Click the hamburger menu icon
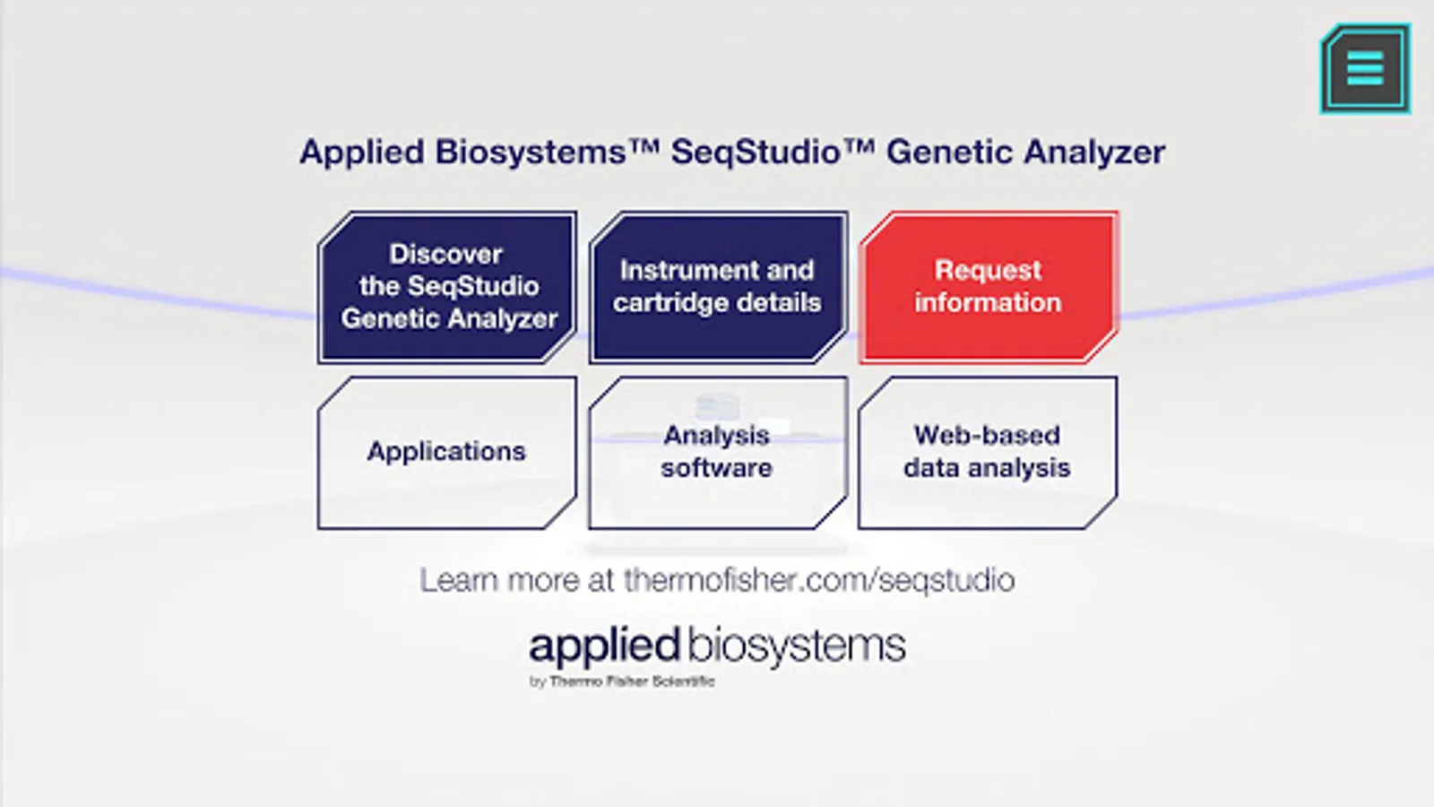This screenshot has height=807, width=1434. pos(1366,68)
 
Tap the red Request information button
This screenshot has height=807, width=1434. pos(989,287)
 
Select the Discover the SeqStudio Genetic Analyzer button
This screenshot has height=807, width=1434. pos(447,287)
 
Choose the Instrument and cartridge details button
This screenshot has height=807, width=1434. pos(718,287)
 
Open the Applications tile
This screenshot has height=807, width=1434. pos(447,452)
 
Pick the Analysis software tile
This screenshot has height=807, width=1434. pos(718,452)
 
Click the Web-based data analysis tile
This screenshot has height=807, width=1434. pos(989,452)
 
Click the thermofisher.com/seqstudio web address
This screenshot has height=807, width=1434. pos(819,580)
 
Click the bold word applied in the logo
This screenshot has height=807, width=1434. pos(604,646)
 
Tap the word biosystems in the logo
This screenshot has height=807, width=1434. pos(797,646)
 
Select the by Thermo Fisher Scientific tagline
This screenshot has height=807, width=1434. pos(622,681)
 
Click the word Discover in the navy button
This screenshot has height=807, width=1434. pos(445,255)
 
